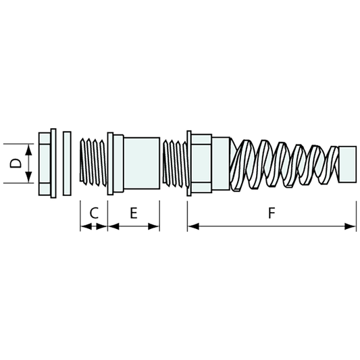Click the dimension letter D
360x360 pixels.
pos(16,163)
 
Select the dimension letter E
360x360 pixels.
pos(134,213)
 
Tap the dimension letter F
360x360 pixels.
pos(271,213)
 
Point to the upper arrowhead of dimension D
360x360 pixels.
pos(28,148)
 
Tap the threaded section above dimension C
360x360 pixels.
pos(93,163)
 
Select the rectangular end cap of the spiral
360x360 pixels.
pos(346,163)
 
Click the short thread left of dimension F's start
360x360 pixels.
pos(175,163)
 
